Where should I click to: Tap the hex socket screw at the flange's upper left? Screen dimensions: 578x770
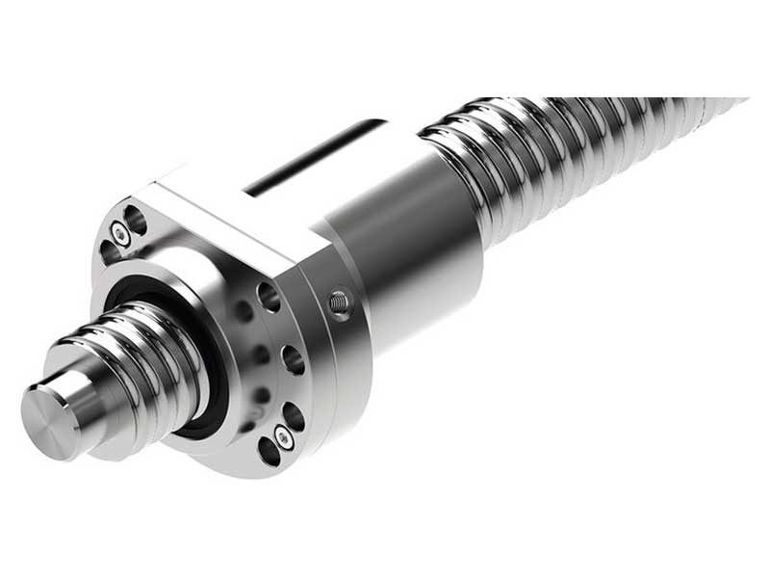point(117,232)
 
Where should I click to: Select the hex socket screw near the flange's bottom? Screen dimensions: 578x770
point(281,435)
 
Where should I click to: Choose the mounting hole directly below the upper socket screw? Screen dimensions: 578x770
point(109,252)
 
